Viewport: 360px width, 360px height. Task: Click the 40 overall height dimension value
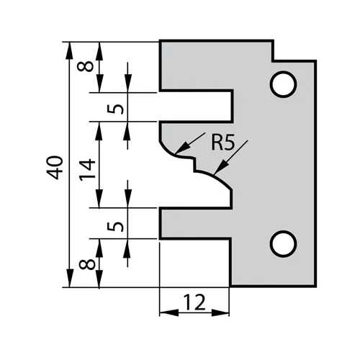[58, 166]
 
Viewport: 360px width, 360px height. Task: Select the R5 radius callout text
[222, 143]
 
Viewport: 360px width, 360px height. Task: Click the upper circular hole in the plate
[283, 84]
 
